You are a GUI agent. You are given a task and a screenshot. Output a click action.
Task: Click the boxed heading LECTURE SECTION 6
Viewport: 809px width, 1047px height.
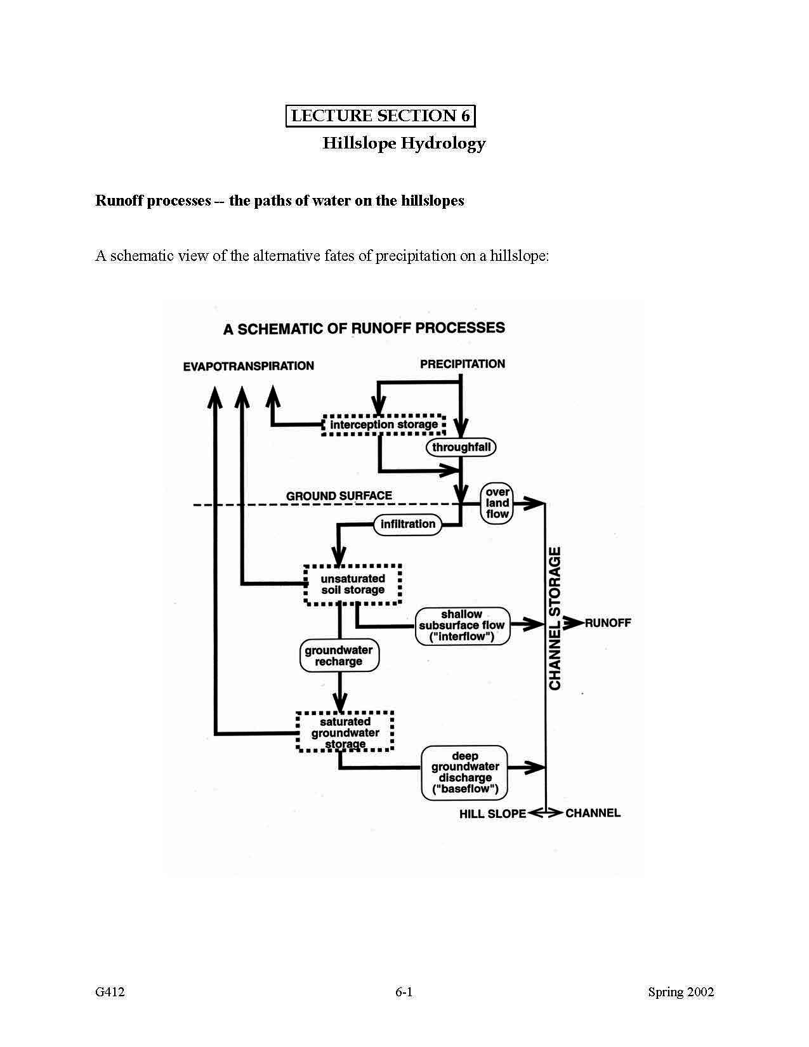click(380, 115)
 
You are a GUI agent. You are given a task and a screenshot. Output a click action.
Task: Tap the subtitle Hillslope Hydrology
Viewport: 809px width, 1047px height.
click(404, 143)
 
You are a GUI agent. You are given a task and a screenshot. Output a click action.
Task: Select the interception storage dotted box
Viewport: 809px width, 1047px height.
click(383, 424)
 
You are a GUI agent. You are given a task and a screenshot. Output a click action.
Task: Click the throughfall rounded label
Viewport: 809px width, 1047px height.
click(461, 447)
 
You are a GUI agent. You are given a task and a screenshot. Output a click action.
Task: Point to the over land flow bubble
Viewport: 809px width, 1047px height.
click(497, 503)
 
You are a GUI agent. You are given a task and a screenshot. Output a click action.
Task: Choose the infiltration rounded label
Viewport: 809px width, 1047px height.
click(407, 524)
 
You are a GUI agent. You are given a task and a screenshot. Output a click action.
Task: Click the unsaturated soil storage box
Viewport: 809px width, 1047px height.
click(353, 584)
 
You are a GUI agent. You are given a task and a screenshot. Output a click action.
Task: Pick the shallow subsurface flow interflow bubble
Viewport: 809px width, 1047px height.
click(463, 626)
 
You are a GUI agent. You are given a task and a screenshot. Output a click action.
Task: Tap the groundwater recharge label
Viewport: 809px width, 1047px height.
click(339, 656)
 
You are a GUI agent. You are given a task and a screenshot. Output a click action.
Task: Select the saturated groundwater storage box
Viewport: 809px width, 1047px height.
click(345, 732)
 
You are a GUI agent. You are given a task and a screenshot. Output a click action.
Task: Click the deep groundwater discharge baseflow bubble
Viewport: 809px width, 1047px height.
click(465, 772)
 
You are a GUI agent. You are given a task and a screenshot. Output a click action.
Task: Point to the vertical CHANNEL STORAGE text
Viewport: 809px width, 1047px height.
click(555, 619)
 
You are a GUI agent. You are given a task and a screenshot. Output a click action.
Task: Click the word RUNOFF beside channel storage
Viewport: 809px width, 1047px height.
click(607, 623)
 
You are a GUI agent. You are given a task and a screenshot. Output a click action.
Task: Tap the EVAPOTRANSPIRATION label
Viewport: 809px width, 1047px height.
click(248, 366)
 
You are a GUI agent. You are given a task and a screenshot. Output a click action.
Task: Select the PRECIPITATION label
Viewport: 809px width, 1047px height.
click(463, 364)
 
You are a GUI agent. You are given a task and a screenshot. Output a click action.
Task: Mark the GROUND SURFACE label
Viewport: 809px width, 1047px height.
click(339, 496)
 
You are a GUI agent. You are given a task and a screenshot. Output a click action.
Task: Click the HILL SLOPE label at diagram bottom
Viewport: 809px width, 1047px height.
click(492, 813)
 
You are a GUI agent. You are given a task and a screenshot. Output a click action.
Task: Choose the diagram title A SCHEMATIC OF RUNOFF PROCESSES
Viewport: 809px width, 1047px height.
click(364, 329)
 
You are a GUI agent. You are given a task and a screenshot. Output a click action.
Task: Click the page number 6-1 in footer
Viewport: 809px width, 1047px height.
click(404, 992)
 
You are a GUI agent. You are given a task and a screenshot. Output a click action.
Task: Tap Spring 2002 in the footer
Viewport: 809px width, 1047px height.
click(680, 992)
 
